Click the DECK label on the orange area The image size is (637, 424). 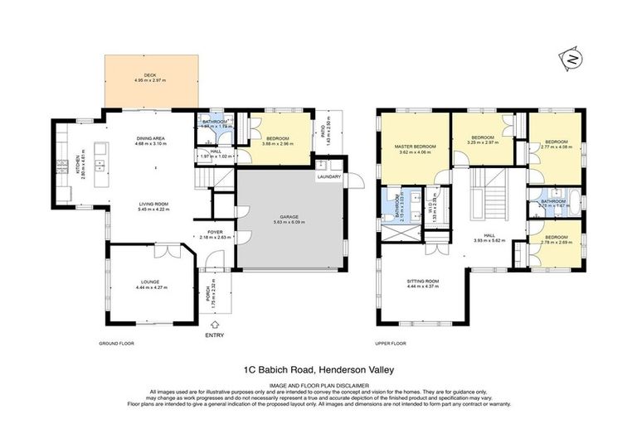tap(150, 75)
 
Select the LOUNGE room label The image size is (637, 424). tap(149, 282)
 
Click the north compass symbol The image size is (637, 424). tap(571, 60)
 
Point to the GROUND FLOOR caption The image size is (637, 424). tap(116, 343)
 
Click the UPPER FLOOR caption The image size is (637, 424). tap(390, 343)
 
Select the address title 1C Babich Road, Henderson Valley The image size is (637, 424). tap(318, 371)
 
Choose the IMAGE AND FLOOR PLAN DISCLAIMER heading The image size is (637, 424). tap(318, 384)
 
